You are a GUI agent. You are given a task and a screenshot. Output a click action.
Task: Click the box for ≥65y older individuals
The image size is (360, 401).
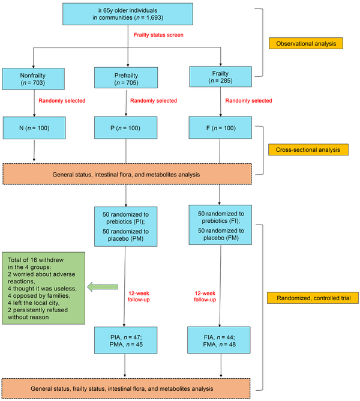pos(128,14)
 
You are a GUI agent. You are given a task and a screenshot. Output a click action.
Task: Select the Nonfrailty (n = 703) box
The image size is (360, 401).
pos(33,79)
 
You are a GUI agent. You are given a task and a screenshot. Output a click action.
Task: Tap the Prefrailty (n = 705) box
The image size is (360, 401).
pos(126,78)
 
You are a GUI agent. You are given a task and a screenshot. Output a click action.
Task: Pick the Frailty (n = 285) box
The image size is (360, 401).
pos(220,77)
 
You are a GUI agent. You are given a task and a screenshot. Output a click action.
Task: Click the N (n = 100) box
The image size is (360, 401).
pos(34,128)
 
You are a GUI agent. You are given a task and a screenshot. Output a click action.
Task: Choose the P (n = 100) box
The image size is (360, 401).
pos(126,128)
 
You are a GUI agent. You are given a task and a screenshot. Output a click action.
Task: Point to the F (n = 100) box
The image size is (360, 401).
pos(220,128)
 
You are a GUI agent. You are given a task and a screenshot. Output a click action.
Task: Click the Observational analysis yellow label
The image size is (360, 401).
pos(306,43)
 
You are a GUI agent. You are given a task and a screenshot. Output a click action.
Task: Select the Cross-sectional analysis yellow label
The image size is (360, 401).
pos(308,149)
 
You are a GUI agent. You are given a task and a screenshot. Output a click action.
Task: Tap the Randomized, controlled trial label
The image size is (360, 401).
pos(313,298)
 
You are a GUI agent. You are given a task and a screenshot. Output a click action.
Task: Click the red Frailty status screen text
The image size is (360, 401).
pos(158,35)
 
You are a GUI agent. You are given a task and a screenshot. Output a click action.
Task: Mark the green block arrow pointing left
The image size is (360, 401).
pos(103,287)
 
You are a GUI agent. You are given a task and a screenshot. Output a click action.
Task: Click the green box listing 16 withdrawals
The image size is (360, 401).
pos(43,288)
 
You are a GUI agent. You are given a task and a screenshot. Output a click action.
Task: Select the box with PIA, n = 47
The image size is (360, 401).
pos(126,340)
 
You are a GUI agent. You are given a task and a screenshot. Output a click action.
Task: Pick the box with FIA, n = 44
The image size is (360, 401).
pos(219,340)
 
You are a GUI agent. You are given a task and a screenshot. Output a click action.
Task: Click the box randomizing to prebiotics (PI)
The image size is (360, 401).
pos(126,226)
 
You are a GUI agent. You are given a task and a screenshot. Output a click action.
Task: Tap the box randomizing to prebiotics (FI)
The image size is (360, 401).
pos(220,225)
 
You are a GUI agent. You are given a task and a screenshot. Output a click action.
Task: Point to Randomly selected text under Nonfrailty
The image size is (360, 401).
pos(62,101)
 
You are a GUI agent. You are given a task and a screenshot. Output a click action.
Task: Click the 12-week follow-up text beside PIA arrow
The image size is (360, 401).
pos(139,297)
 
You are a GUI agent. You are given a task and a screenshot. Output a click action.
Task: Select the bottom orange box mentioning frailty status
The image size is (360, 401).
pos(126,388)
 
